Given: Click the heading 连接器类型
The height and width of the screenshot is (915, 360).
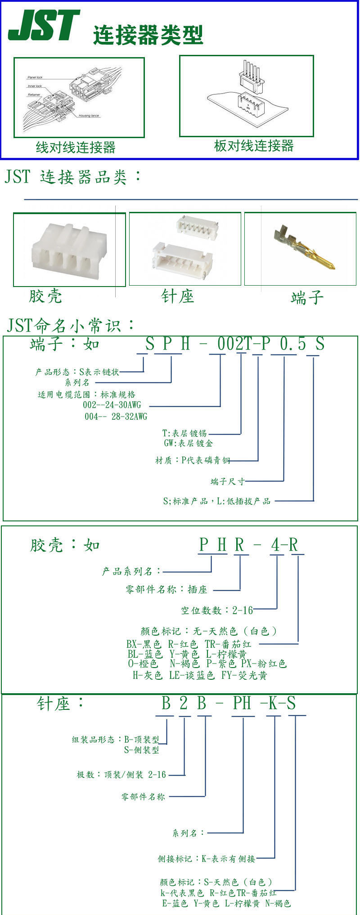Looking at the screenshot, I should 148,35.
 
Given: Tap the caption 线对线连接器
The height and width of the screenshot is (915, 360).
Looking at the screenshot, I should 76,147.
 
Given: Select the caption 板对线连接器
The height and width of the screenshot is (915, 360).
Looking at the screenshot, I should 254,146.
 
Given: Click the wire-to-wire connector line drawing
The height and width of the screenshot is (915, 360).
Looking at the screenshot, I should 79,97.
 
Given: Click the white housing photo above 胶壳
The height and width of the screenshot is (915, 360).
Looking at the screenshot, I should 69,250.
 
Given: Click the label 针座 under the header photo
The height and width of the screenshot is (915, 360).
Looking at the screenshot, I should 177,296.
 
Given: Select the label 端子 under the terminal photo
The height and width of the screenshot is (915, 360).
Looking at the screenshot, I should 307,297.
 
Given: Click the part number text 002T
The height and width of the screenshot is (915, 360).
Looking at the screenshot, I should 234,345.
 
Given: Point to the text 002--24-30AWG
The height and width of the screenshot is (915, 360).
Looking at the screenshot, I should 112,405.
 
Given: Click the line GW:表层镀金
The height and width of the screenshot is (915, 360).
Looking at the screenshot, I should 188,444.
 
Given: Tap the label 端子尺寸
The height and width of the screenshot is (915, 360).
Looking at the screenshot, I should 228,482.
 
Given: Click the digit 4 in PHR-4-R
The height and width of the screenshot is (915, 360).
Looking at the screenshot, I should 276,545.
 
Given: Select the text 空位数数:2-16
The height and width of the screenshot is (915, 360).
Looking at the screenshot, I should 217,610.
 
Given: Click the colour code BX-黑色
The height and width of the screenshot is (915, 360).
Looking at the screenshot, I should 144,644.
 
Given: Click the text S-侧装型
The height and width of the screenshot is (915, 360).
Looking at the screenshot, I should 141,750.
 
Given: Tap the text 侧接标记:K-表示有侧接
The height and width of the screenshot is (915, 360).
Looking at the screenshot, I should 206,859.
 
